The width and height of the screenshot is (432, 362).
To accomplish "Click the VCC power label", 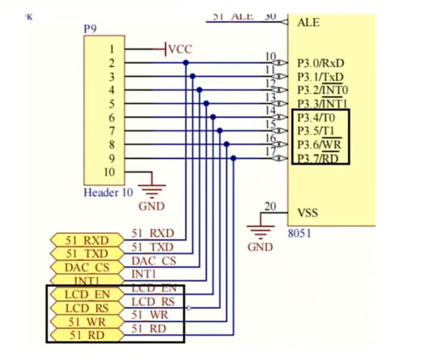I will [179, 49].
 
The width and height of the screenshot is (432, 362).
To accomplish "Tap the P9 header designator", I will [90, 29].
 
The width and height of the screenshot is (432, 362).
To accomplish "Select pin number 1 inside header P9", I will [111, 49].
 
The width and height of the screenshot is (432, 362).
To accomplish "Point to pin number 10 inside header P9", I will [109, 172].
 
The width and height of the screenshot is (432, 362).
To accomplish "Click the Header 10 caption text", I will [108, 193].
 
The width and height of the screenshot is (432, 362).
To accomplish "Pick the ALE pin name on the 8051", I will [308, 22].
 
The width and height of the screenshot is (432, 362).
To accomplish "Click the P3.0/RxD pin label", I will [321, 63].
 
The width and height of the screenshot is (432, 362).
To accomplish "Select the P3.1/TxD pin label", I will [321, 76].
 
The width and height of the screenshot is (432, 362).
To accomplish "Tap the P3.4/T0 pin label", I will [316, 118].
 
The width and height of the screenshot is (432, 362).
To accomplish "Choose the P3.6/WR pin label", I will [319, 144].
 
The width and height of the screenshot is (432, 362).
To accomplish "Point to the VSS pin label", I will [308, 213].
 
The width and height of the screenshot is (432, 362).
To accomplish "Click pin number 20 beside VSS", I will [270, 206].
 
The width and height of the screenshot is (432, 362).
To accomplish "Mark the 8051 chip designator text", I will [299, 233].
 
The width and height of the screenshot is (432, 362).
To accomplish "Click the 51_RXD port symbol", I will [87, 240].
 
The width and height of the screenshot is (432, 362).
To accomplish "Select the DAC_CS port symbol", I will [87, 267].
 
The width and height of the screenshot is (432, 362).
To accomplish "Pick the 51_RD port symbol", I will [87, 335].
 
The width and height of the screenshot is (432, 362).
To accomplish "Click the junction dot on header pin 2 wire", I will [186, 62].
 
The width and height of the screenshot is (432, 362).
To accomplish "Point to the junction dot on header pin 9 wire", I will [233, 158].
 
